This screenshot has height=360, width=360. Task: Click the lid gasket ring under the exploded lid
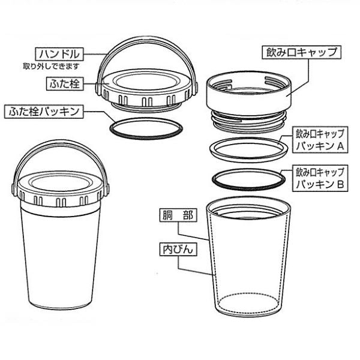144,128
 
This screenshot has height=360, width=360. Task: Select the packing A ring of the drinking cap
245,148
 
